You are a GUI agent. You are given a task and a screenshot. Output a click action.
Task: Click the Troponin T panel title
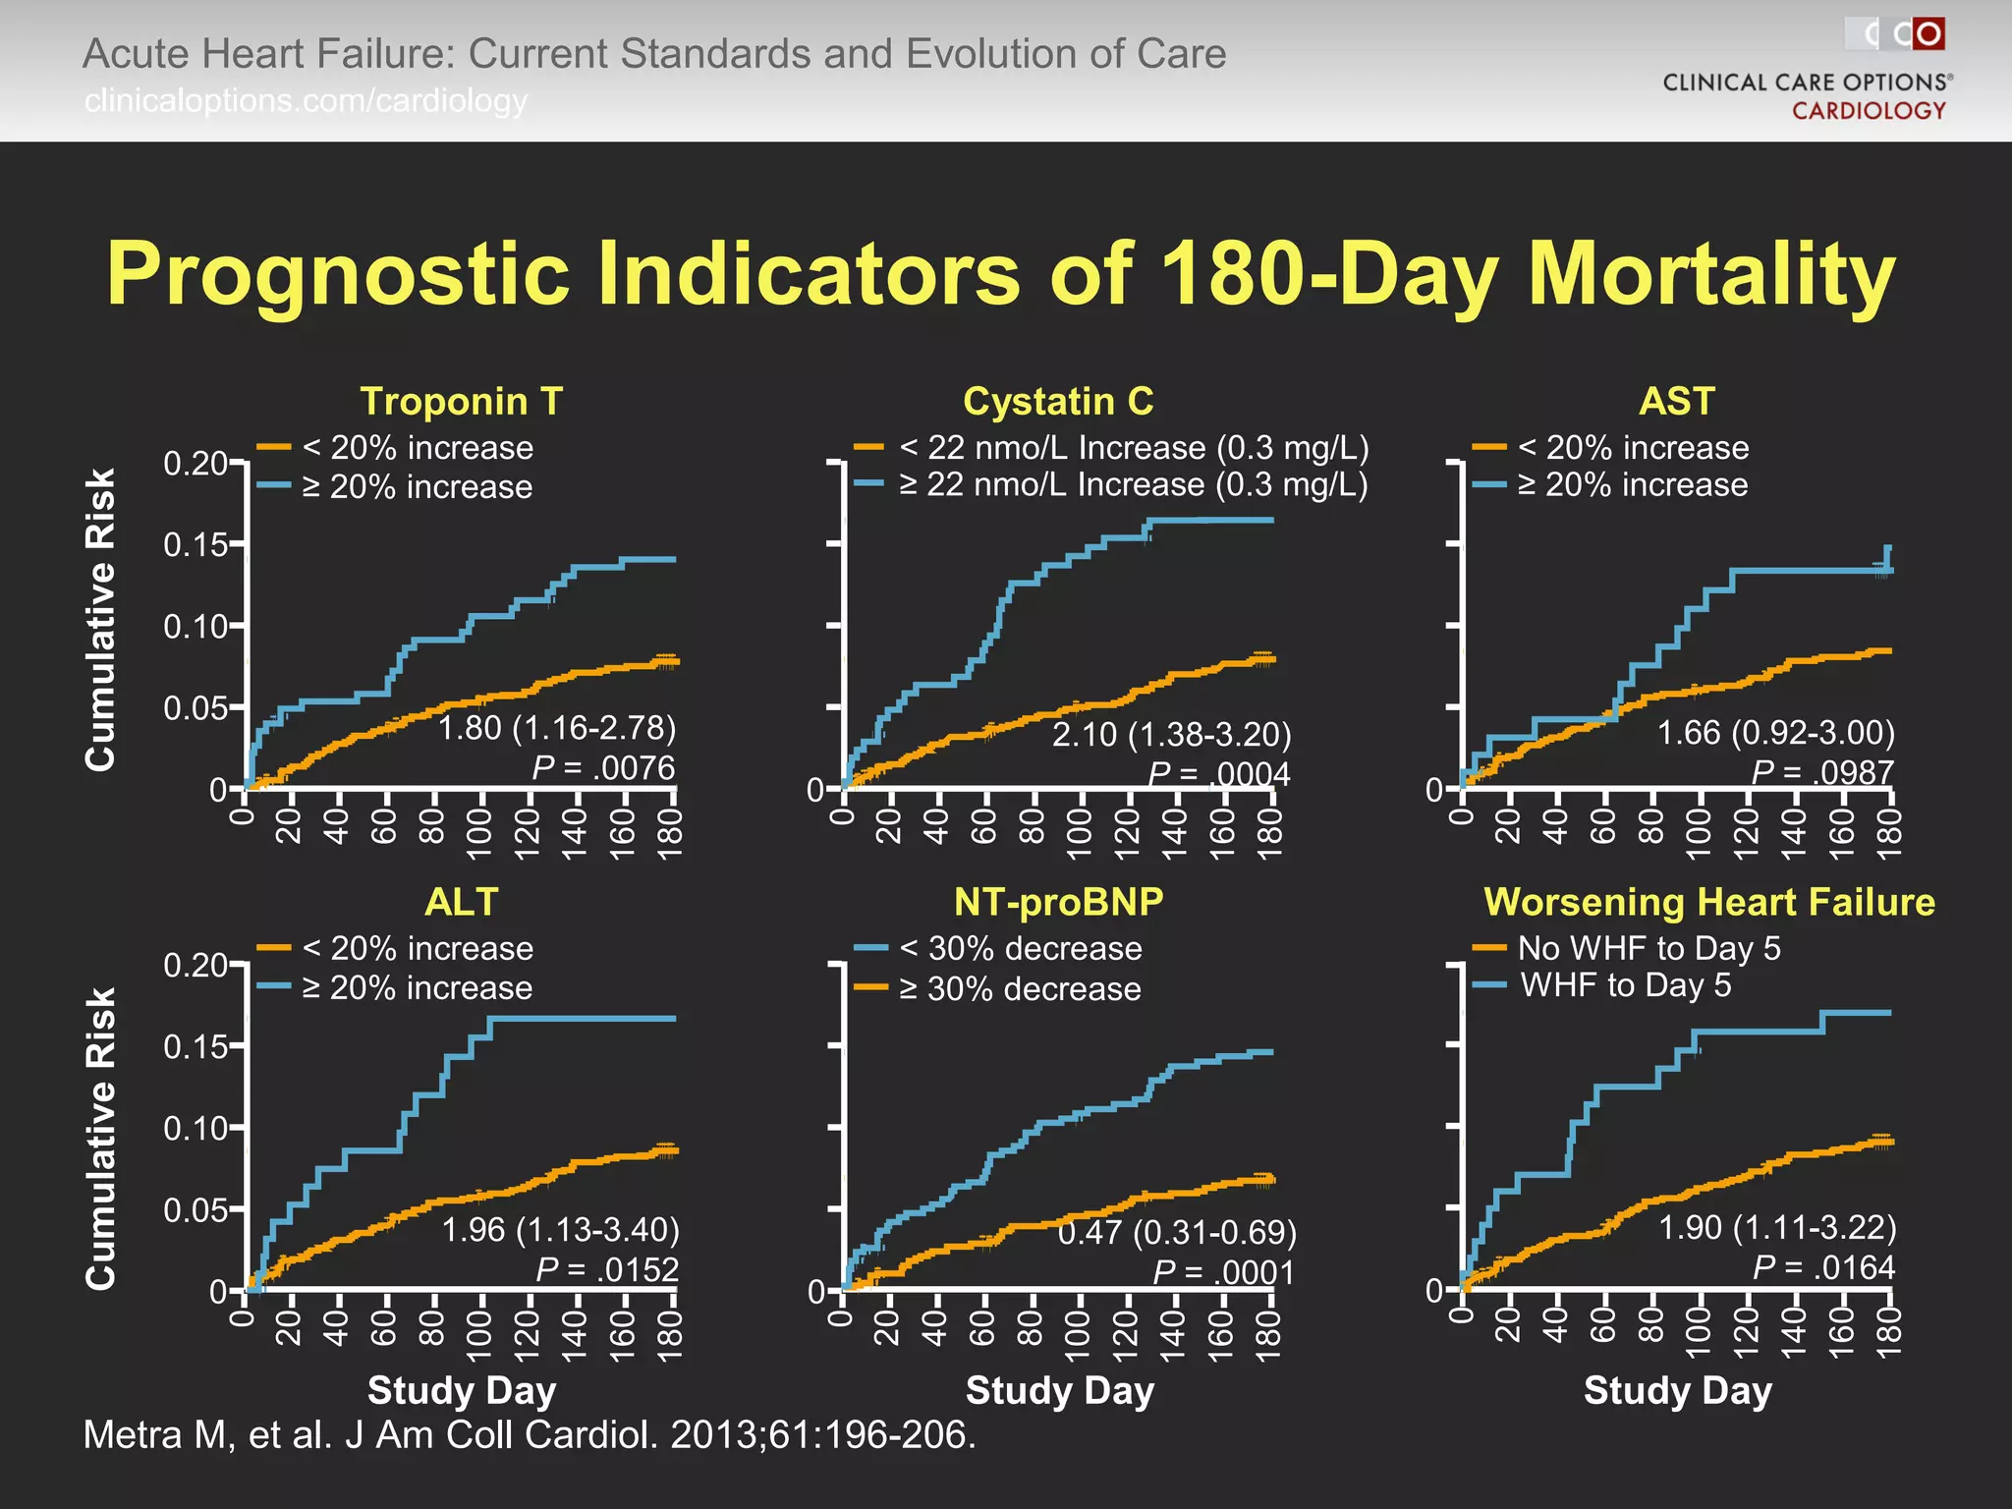(461, 401)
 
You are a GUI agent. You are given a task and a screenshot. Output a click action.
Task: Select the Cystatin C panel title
(1058, 401)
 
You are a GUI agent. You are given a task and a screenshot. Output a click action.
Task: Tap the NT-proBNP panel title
(1058, 901)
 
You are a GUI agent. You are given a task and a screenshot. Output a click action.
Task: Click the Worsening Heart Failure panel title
(1708, 901)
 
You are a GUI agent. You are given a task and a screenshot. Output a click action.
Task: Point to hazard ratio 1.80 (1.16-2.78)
(557, 728)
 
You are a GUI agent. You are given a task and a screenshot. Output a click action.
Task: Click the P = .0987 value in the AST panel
(1822, 772)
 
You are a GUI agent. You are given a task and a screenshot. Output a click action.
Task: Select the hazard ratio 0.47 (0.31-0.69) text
(1177, 1231)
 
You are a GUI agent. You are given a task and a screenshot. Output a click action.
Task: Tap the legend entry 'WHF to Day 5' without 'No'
(1625, 985)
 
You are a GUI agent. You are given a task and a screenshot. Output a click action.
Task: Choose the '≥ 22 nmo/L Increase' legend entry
(1133, 484)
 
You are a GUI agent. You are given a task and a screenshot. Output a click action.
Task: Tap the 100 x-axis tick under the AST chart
(1699, 834)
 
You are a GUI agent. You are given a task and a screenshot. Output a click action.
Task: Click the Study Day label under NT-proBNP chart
(1059, 1390)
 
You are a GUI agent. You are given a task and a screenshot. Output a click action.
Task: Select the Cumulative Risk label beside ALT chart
(101, 1138)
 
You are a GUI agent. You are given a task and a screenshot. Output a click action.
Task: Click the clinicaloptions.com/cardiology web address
(306, 100)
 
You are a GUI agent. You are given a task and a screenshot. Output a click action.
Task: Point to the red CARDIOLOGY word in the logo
(1869, 110)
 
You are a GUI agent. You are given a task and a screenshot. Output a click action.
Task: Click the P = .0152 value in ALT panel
(607, 1269)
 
